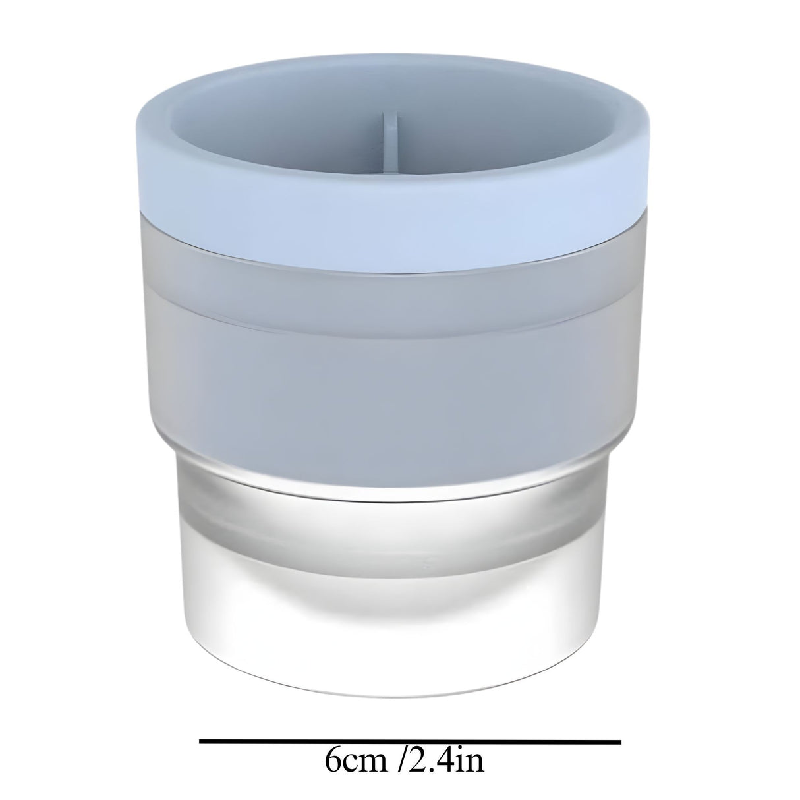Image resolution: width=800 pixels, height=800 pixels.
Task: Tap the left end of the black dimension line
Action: tap(201, 741)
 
